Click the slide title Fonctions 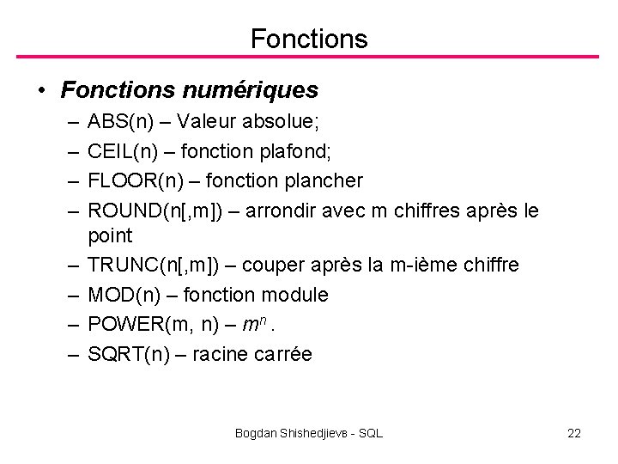[x=309, y=39]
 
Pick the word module [x=294, y=295]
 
